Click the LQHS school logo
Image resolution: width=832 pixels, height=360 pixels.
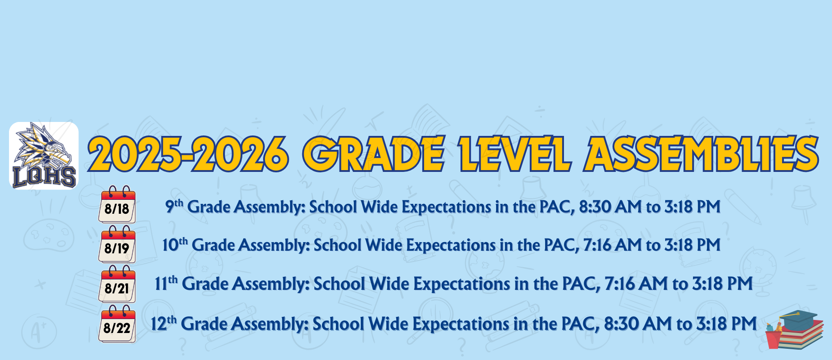(x=44, y=156)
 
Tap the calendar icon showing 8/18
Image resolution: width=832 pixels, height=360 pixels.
(x=117, y=204)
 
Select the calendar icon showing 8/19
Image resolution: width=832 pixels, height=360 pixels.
(x=117, y=244)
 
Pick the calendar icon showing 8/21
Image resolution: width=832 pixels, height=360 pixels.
(x=117, y=284)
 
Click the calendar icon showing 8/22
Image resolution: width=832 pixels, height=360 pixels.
(x=117, y=324)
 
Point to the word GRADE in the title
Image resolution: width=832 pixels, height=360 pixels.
(x=374, y=153)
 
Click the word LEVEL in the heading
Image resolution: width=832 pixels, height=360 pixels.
(x=514, y=153)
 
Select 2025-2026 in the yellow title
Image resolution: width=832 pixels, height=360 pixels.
(x=188, y=153)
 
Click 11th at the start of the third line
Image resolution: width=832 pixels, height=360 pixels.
(x=166, y=283)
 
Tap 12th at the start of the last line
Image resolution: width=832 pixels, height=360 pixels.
(x=164, y=323)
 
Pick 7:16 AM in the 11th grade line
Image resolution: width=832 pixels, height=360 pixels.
(x=636, y=283)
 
